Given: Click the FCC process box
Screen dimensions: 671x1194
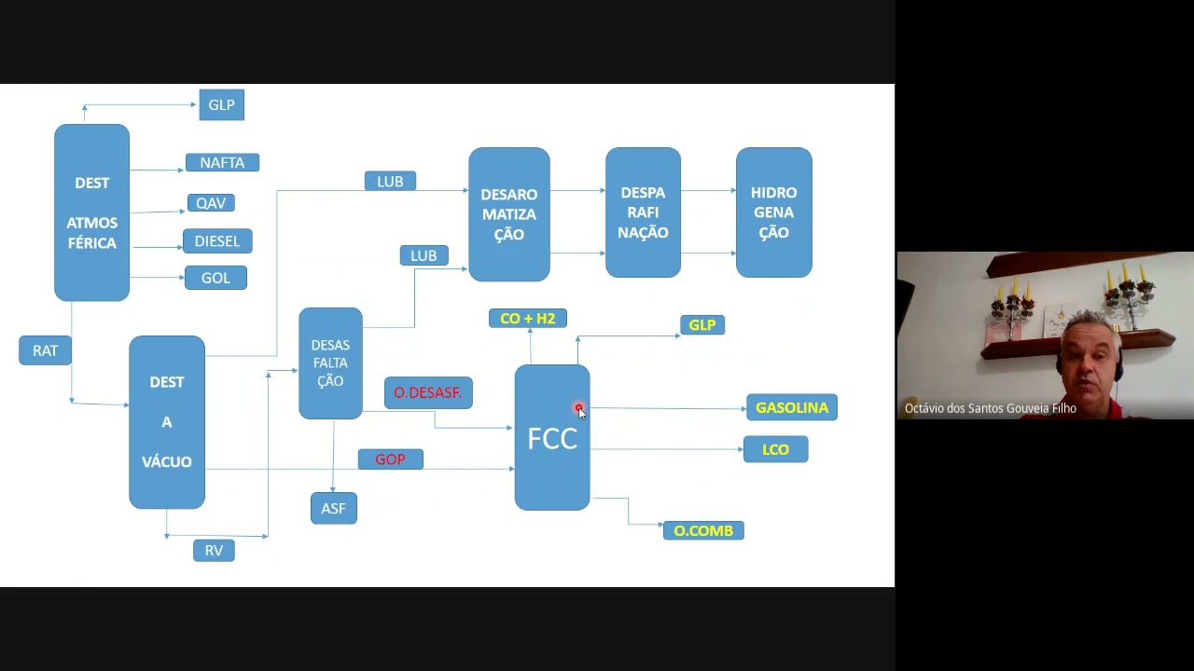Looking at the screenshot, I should pos(551,438).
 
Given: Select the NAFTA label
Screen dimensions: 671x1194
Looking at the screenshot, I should pos(222,162).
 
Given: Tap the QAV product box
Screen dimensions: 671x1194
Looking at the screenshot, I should pos(211,203).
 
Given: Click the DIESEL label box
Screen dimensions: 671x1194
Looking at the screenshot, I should pos(217,241).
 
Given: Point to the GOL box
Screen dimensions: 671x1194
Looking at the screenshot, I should pos(215,278).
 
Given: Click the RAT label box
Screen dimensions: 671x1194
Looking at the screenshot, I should pos(45,350).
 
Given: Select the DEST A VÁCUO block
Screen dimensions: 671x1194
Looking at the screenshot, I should pos(167,422).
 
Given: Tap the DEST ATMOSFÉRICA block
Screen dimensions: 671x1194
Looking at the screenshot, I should pos(91,212).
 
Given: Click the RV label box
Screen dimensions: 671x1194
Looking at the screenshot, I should pos(214,551).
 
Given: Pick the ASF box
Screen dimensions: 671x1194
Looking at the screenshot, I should pos(333,509).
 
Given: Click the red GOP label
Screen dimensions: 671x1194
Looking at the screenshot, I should pos(390,459).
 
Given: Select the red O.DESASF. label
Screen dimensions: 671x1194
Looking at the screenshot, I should pos(428,393).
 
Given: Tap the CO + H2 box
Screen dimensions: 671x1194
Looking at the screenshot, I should pos(527,319).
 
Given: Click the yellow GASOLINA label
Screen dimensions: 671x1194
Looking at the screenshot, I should pos(792,408).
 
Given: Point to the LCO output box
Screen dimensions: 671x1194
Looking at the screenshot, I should pos(775,449).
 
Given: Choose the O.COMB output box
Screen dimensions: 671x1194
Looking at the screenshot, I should pos(703,530).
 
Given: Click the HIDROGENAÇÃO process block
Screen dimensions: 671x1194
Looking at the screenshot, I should pos(773,212).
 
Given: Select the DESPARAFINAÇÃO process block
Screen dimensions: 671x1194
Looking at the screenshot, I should pos(643,212).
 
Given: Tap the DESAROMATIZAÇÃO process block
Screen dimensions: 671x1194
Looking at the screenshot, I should pos(508,214).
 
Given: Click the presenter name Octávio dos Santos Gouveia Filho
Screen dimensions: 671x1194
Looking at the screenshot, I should pos(990,408).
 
